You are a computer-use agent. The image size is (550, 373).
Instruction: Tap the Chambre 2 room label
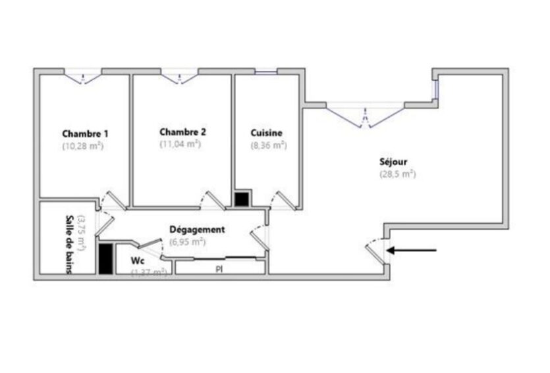click(182, 132)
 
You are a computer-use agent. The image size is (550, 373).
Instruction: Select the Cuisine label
click(267, 133)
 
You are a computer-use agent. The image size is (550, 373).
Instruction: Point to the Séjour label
click(394, 162)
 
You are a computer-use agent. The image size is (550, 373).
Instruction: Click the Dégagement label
click(197, 230)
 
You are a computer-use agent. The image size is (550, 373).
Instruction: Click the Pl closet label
click(219, 268)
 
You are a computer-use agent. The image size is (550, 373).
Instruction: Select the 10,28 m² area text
click(83, 145)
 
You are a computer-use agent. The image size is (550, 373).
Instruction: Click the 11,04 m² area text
click(180, 143)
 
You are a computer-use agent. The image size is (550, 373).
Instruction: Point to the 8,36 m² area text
click(267, 145)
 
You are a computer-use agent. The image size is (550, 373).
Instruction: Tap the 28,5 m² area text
click(397, 174)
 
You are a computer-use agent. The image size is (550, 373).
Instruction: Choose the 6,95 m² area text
click(187, 241)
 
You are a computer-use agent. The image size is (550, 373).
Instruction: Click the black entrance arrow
click(412, 250)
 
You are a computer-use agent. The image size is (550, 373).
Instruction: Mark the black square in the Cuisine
click(242, 199)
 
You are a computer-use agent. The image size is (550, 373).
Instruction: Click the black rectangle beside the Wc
click(105, 259)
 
